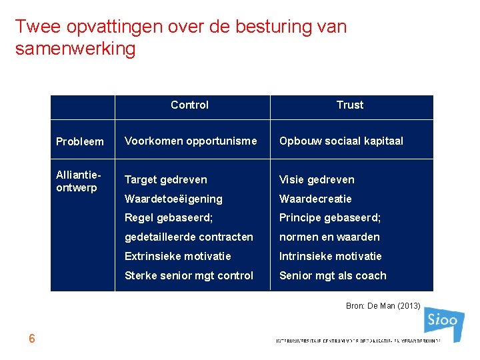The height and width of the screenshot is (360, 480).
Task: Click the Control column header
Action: click(189, 105)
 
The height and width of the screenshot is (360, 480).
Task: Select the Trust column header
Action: click(350, 105)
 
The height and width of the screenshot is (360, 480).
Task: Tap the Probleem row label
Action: click(80, 141)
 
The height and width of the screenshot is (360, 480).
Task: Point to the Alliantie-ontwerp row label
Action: click(79, 181)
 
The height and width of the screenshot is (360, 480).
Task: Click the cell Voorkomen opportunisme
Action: click(191, 141)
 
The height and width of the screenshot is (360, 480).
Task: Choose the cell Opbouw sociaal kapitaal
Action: click(341, 141)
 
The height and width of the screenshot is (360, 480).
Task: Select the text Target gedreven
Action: click(166, 179)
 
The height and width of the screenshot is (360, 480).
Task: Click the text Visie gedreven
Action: click(317, 179)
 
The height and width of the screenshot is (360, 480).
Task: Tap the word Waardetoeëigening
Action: click(174, 199)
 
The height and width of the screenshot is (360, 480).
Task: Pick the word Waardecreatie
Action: click(315, 199)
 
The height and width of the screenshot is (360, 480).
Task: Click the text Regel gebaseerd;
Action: click(169, 218)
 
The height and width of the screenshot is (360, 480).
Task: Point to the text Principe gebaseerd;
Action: click(329, 218)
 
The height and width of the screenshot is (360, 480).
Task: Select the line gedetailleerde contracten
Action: click(189, 237)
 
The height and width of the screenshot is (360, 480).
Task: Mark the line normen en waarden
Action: click(329, 237)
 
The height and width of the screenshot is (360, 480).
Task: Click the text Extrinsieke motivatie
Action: click(178, 256)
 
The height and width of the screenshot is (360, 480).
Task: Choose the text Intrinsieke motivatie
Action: click(331, 256)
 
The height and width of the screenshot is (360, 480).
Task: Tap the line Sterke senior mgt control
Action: click(189, 275)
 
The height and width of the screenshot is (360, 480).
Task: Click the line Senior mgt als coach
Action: click(333, 275)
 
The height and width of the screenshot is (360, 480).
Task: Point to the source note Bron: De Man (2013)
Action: click(383, 306)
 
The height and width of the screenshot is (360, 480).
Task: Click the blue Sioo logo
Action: click(443, 323)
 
